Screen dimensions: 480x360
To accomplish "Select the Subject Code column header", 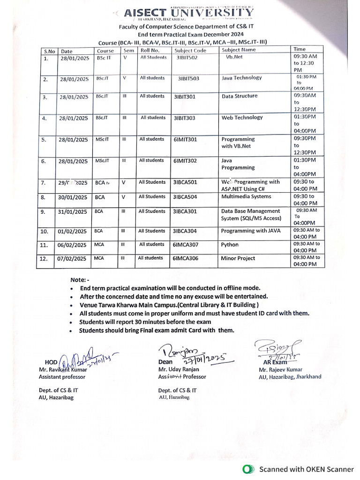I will coord(190,51).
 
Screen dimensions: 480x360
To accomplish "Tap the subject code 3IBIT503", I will coord(188,78).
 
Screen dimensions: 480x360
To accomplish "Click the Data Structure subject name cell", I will coord(239,96).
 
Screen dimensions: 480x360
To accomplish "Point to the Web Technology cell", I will coord(242,118).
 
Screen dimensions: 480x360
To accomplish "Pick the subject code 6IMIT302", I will coord(185,161).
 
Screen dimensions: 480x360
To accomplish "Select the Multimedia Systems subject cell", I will coord(246,197).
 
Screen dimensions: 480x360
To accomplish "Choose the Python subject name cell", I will coord(230,245).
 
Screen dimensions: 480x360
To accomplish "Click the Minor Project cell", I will coord(238,258).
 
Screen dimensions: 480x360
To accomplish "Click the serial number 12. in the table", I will coord(45,259).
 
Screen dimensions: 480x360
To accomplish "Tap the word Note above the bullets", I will coord(79,279).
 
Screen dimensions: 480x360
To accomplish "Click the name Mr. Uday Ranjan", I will coord(178,369).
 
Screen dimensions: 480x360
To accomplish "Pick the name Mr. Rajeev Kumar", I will coord(280,369).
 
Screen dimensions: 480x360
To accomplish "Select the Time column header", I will coord(299,49).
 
